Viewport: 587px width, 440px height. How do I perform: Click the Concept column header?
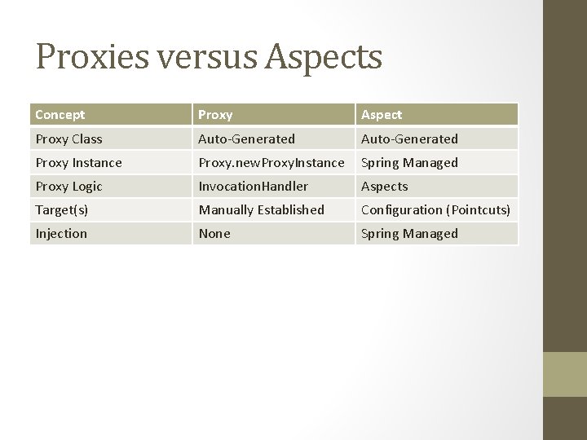tap(60, 115)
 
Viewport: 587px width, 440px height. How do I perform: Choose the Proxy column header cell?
tap(215, 115)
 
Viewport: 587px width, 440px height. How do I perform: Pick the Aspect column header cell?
tap(381, 115)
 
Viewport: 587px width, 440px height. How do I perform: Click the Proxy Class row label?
tap(68, 139)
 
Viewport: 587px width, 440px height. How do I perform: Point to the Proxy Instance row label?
tap(78, 163)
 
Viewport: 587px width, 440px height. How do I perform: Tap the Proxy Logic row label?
tap(68, 187)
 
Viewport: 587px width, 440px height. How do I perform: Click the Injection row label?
tap(61, 234)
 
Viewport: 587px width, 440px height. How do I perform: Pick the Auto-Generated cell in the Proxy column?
tap(246, 139)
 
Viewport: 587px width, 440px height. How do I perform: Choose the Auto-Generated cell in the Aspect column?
tap(409, 139)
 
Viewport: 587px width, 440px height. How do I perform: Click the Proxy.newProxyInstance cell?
tap(271, 163)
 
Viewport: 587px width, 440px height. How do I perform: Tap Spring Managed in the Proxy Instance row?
tap(409, 163)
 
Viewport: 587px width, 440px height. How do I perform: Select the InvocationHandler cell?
tap(254, 187)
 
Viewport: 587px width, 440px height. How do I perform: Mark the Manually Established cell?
tap(261, 210)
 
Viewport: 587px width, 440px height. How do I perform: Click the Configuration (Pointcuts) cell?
tap(435, 210)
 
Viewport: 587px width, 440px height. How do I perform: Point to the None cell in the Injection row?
tap(214, 234)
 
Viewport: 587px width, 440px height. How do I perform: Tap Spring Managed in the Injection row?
tap(409, 234)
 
